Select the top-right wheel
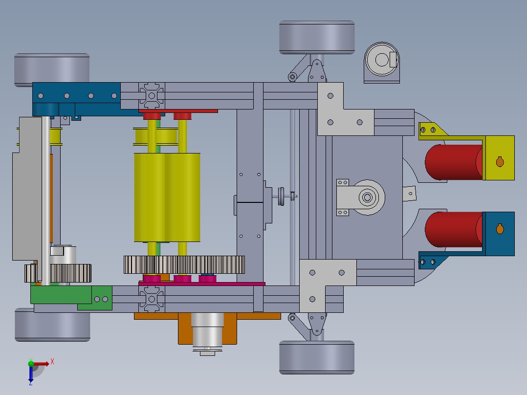(317, 37)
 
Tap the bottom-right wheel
(317, 357)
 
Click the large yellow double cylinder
(167, 197)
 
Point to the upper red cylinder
(453, 162)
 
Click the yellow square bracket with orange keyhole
(499, 158)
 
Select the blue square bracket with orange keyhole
(499, 234)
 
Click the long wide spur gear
(184, 264)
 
